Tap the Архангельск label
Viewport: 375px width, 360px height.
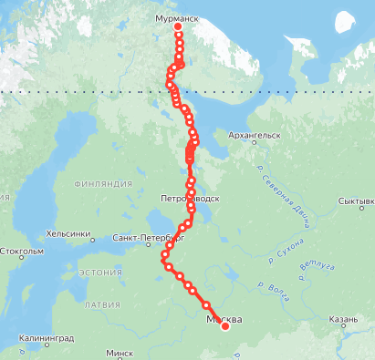click(255, 135)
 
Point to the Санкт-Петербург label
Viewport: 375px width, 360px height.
click(141, 238)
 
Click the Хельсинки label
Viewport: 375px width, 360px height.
click(70, 233)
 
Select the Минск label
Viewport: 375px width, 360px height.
click(120, 353)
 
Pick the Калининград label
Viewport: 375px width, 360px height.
click(45, 338)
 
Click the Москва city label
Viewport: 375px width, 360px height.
click(224, 319)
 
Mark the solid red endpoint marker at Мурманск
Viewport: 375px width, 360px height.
click(178, 26)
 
